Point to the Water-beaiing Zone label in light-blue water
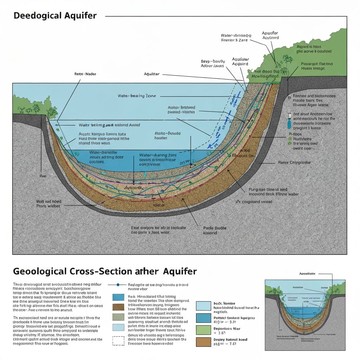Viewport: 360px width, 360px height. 137,96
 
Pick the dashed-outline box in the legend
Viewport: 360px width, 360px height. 118,341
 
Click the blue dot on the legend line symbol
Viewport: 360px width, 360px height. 118,284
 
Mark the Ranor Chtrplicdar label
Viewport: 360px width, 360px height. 295,162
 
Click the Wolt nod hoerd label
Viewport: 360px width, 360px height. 49,204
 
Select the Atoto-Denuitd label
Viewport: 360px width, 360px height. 167,136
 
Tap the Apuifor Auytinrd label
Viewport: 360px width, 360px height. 270,35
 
